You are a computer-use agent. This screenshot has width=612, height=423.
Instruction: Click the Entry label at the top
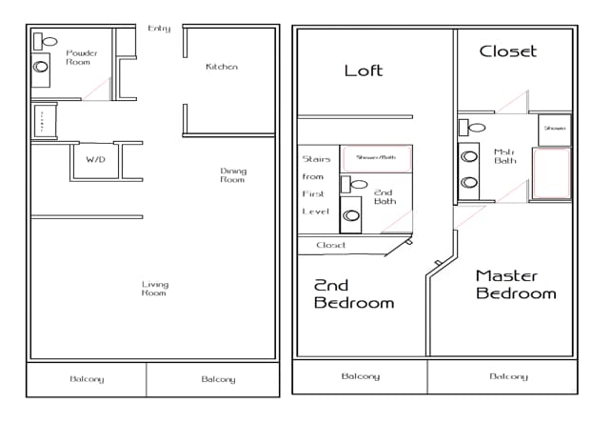click(x=159, y=29)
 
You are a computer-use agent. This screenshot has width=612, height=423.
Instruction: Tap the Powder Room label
click(x=82, y=58)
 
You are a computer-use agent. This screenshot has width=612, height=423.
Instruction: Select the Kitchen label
click(x=222, y=67)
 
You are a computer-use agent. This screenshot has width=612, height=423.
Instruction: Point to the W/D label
click(x=96, y=160)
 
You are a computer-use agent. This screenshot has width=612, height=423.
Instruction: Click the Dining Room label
click(x=233, y=175)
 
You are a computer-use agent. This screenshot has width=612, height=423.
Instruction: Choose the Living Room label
click(x=154, y=288)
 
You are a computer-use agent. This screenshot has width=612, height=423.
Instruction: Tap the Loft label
click(x=363, y=70)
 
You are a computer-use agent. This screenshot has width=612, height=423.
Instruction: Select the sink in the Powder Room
click(x=41, y=67)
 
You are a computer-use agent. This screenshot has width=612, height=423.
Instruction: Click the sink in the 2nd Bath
click(x=350, y=215)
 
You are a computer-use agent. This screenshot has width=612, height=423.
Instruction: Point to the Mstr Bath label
click(x=503, y=157)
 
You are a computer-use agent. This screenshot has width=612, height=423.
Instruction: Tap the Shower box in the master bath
click(x=554, y=129)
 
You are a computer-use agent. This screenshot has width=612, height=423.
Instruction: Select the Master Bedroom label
click(x=516, y=284)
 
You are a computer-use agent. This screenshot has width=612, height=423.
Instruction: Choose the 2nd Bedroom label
click(x=354, y=293)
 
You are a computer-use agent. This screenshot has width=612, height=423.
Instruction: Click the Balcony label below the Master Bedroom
click(x=508, y=376)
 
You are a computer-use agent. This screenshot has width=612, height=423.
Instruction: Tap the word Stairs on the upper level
click(x=316, y=159)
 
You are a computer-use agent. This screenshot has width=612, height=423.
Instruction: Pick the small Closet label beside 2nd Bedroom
click(x=331, y=245)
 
